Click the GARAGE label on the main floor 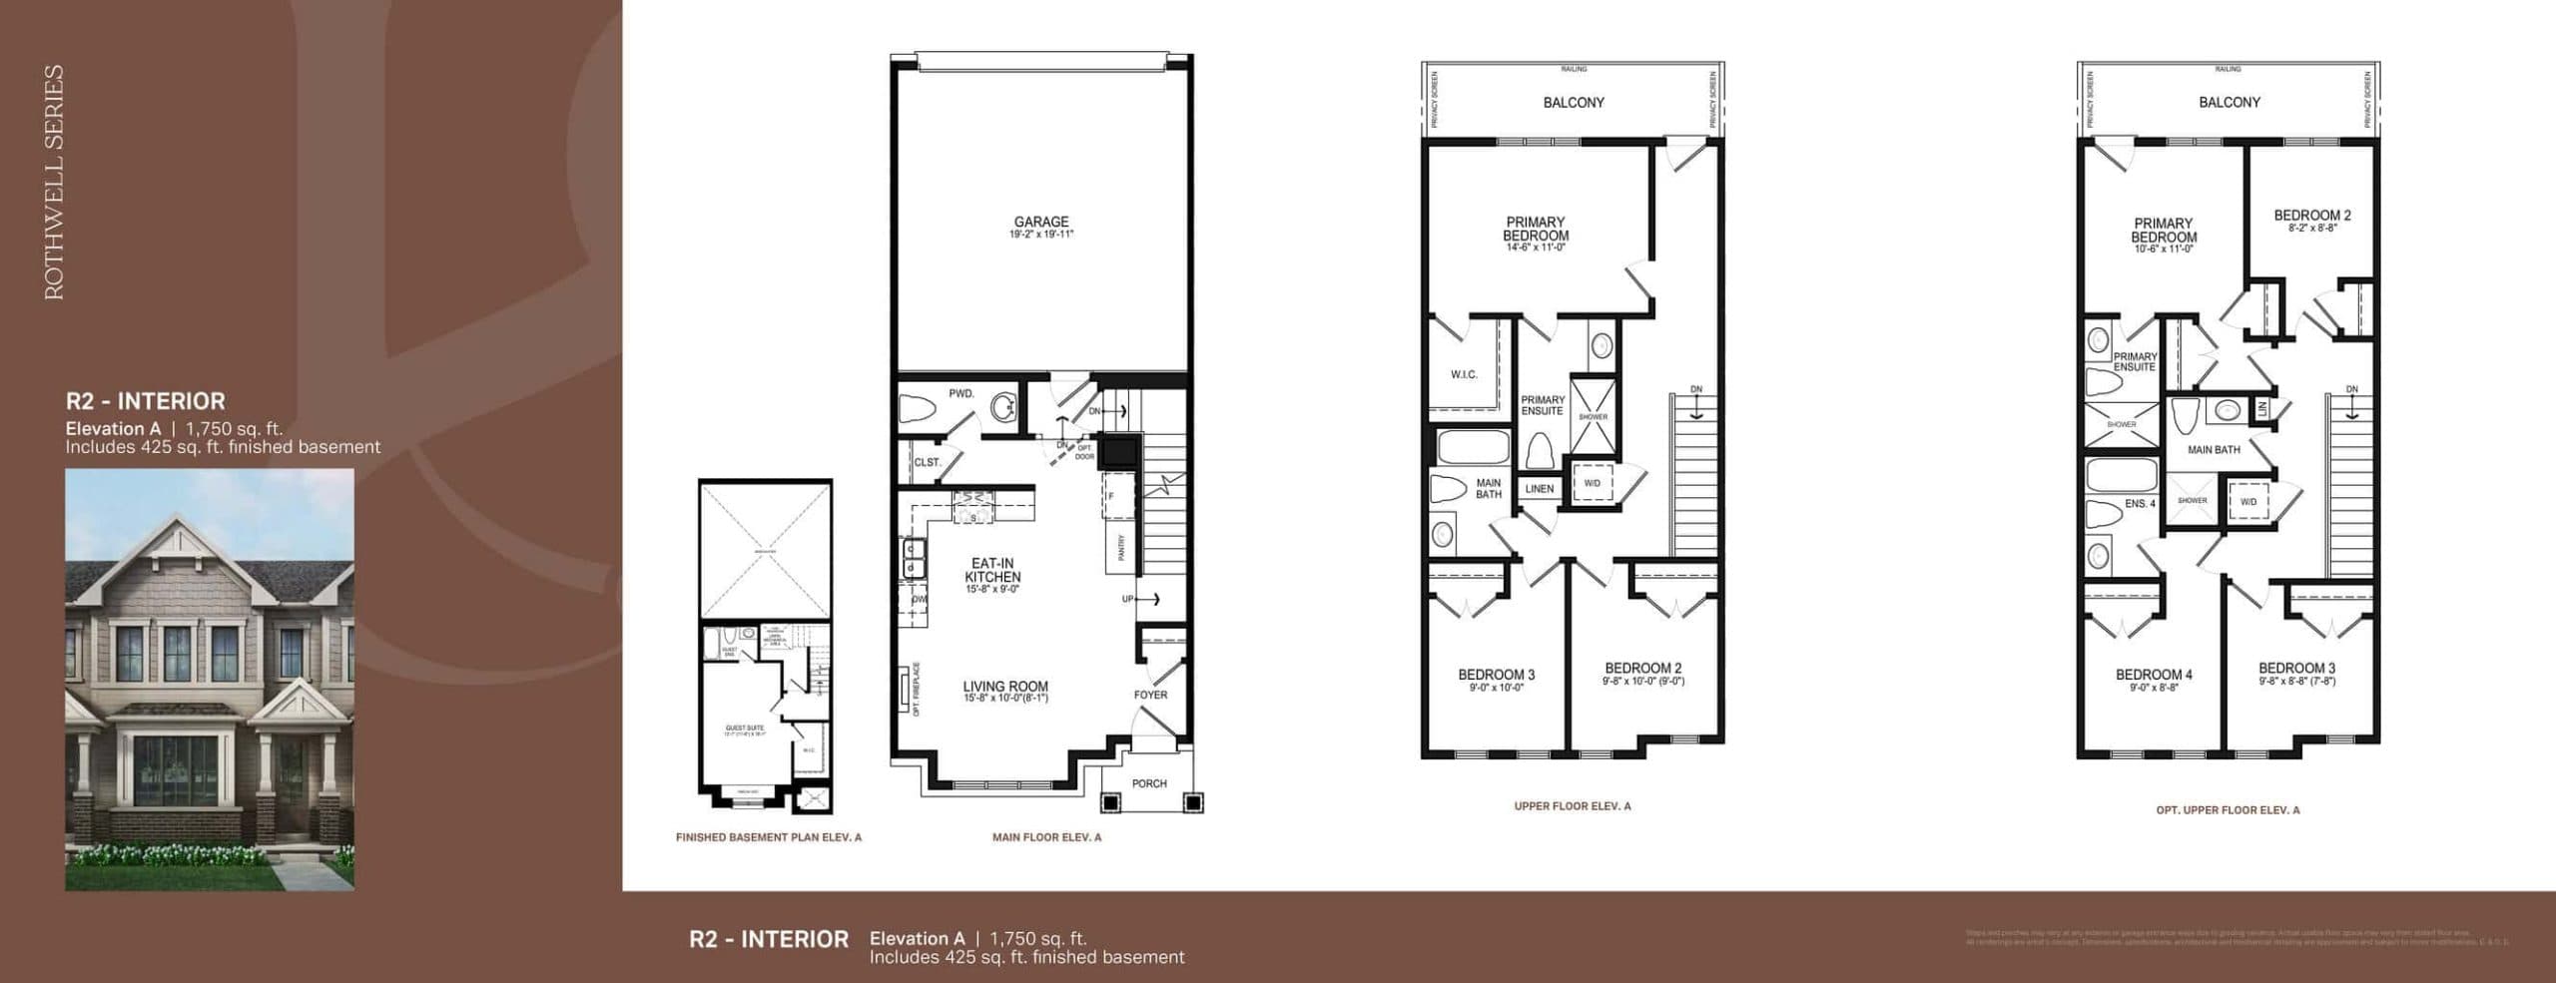1040,223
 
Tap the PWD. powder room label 960,394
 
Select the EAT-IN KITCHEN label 992,571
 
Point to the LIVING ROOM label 1004,687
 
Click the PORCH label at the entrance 1149,783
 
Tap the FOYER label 1150,695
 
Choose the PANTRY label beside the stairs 1121,547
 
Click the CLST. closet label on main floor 927,463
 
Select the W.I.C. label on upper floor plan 1464,374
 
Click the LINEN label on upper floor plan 1539,489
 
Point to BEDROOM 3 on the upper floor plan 1496,675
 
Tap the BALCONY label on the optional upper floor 2229,102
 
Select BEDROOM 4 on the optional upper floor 2154,675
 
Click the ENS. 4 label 2139,504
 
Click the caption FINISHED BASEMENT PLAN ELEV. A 768,837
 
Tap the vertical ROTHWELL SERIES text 54,182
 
